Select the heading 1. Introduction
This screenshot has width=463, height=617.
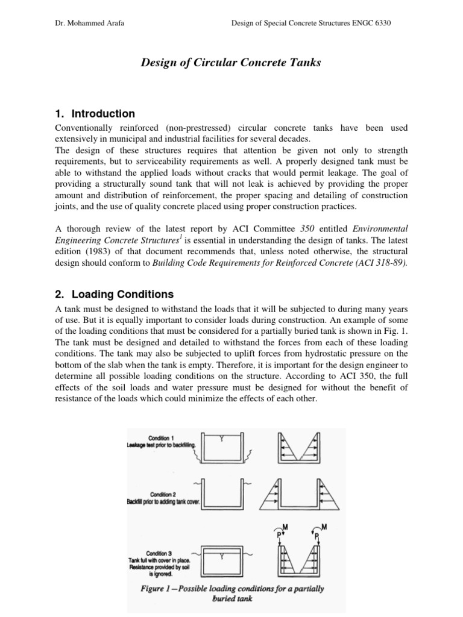pos(95,114)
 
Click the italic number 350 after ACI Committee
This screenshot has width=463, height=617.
pos(309,229)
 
